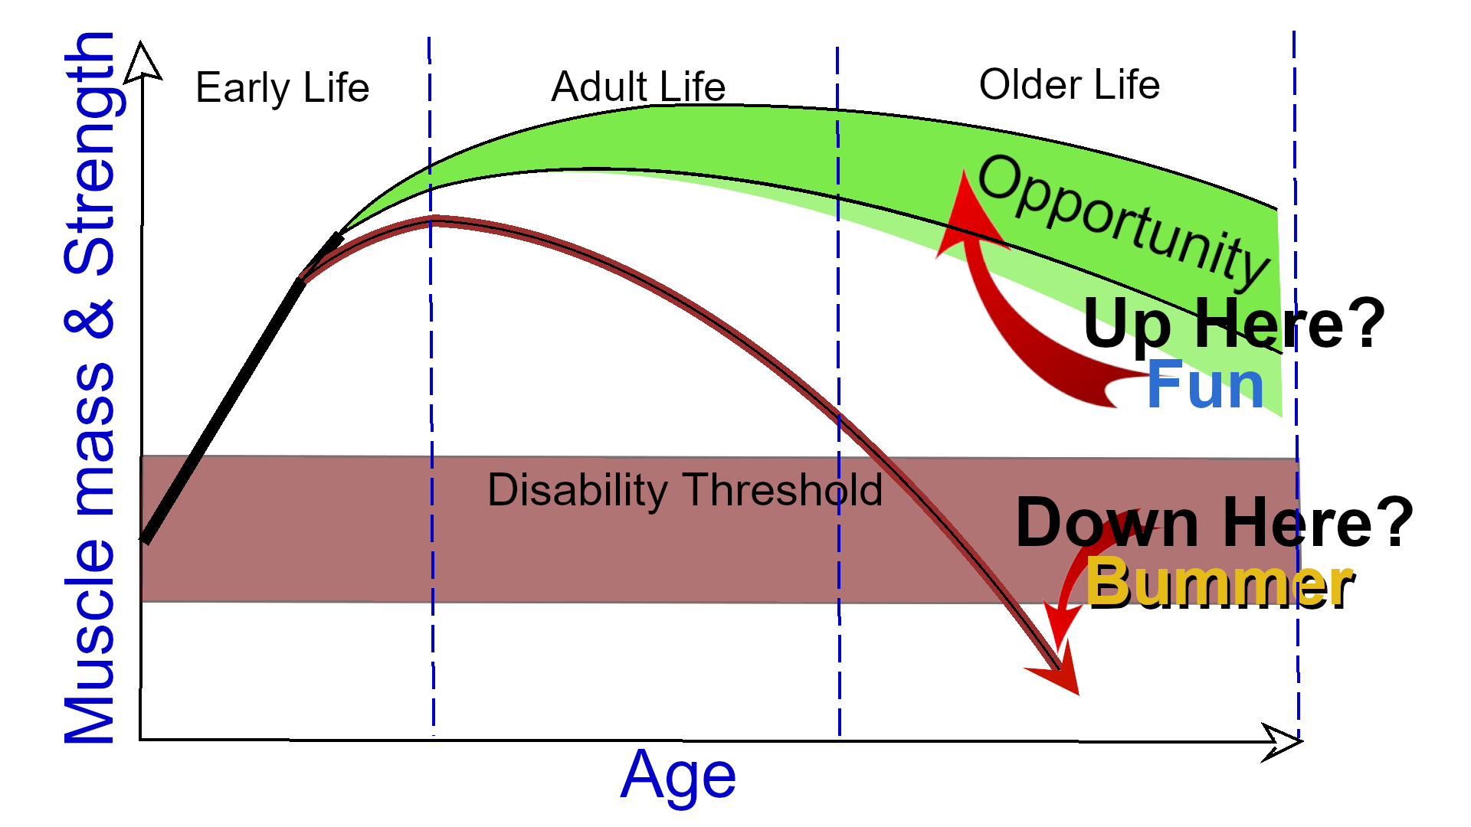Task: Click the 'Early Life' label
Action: click(282, 88)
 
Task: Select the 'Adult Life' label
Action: click(638, 87)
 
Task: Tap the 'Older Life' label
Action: click(1069, 85)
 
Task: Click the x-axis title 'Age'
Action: click(678, 776)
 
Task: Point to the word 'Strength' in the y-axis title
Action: click(90, 153)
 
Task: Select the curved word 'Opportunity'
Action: click(1122, 218)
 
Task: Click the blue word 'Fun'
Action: click(1205, 385)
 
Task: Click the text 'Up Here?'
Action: click(1233, 324)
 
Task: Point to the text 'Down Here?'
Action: click(1214, 523)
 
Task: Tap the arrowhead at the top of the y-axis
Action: click(142, 61)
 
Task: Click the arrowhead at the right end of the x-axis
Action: click(1282, 741)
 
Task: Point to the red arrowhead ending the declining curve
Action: click(1062, 672)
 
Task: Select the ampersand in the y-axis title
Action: click(90, 320)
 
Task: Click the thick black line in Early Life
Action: click(222, 412)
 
